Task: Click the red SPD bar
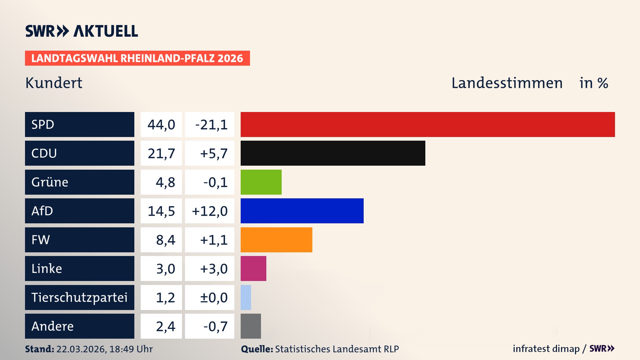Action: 427,124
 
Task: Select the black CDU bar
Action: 333,153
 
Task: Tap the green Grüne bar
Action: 261,182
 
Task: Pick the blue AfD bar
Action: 302,211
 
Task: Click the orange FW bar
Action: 276,240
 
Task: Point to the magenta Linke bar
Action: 253,268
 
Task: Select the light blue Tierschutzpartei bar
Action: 246,297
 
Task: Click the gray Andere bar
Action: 251,326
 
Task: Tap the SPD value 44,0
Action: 161,125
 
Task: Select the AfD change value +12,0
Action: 210,211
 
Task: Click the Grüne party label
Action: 50,182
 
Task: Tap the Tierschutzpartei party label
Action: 79,297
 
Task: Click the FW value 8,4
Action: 165,240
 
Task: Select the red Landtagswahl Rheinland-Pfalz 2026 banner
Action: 137,58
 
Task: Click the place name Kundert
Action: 54,83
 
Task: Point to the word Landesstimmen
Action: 507,83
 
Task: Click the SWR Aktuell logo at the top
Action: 82,31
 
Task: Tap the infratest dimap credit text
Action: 546,349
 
